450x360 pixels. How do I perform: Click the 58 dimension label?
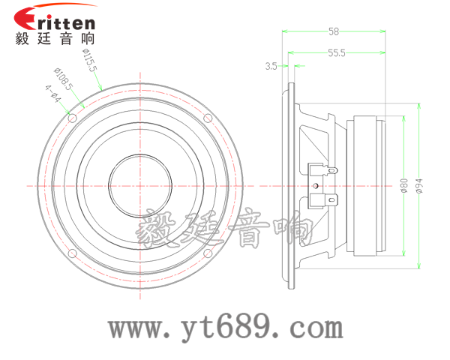[334, 31]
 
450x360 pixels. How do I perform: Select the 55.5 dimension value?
[337, 52]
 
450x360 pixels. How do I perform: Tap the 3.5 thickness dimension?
[271, 66]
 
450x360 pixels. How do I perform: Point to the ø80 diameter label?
[403, 185]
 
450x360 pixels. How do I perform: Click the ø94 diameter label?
[419, 186]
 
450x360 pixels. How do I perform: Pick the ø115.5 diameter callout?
[90, 60]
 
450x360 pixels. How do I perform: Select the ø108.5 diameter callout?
[64, 79]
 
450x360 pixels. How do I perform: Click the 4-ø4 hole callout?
[53, 94]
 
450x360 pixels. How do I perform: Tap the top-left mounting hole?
[72, 118]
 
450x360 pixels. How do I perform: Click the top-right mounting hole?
[208, 118]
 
